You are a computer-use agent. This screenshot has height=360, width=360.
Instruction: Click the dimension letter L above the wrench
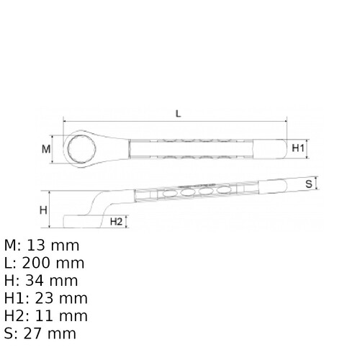point(177,113)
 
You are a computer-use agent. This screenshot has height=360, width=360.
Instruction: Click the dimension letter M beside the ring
point(46,149)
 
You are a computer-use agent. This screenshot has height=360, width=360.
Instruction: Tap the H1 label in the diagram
point(300,148)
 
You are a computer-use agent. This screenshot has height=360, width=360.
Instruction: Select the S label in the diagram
point(308,184)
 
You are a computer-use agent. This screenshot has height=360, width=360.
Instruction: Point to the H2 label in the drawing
point(115,222)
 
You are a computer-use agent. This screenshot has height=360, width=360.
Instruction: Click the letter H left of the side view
point(43,210)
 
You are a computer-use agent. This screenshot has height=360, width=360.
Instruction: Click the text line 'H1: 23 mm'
point(45,298)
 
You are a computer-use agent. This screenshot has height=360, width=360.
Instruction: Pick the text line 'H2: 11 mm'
point(45,316)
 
